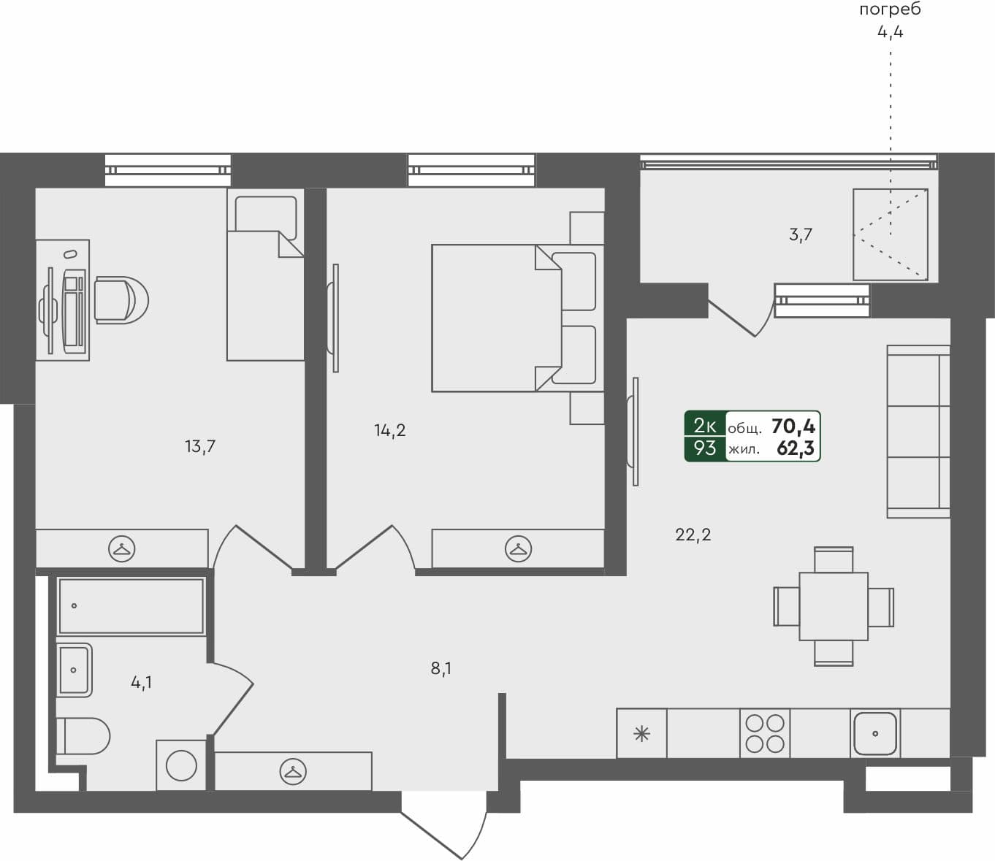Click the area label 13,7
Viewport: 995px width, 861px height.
point(200,445)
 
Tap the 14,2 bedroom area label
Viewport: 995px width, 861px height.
point(390,430)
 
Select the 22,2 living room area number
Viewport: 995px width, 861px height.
point(693,535)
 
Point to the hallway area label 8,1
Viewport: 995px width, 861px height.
point(441,668)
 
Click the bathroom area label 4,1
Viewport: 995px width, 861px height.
point(141,683)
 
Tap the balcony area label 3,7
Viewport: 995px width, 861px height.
point(801,234)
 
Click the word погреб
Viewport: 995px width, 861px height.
point(890,9)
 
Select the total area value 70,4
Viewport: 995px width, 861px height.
point(793,426)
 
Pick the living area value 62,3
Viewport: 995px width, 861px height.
point(795,448)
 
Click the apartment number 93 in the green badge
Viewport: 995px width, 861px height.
point(704,448)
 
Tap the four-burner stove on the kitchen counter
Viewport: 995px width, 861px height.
point(765,733)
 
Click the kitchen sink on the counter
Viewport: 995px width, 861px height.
point(874,733)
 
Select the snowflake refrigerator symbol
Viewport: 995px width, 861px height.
point(641,733)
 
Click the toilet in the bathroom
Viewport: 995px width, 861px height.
point(83,735)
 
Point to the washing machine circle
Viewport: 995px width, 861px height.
point(181,765)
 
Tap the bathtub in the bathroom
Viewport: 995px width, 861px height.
point(131,606)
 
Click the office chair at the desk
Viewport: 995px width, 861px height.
point(121,299)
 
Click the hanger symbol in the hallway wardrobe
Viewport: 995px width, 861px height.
point(293,771)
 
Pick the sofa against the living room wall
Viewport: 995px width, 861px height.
point(918,431)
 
